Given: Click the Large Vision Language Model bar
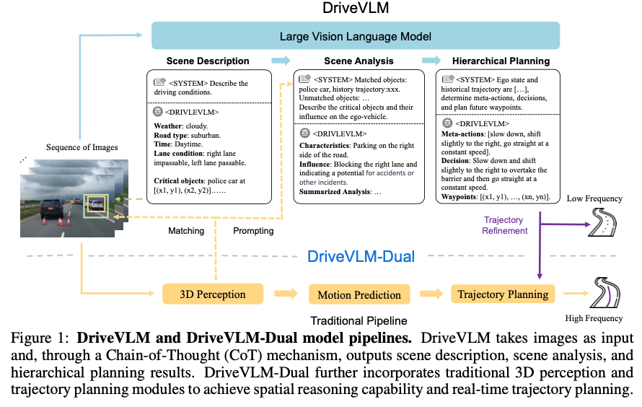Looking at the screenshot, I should click(x=355, y=35).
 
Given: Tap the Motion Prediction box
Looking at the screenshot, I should click(x=359, y=294).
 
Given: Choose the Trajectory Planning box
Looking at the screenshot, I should click(x=503, y=294).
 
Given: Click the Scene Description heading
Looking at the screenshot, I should click(x=208, y=61).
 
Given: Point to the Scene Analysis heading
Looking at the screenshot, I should click(x=358, y=61).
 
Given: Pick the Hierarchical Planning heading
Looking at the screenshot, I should click(x=501, y=61).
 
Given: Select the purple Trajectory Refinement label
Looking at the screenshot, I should click(x=504, y=225).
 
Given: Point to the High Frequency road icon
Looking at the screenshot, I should click(x=604, y=292).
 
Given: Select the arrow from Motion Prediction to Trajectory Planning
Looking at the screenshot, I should click(x=431, y=294).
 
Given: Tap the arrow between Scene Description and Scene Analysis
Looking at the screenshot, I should click(x=281, y=61).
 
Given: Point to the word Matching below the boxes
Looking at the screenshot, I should click(x=186, y=231).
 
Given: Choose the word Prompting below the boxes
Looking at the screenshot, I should click(x=253, y=231).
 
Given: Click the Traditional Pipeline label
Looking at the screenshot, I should click(x=359, y=320).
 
